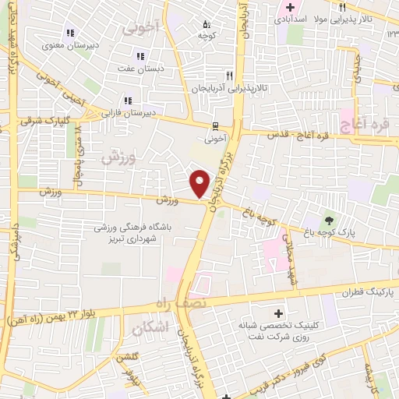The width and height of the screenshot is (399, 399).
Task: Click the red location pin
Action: point(200,183)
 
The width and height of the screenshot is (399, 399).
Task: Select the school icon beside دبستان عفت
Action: point(140,55)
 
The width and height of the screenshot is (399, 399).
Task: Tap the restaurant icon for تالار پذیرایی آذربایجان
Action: point(229,76)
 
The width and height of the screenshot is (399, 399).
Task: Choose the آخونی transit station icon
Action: point(215,125)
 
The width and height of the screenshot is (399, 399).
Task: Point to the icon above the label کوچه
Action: point(205,24)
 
